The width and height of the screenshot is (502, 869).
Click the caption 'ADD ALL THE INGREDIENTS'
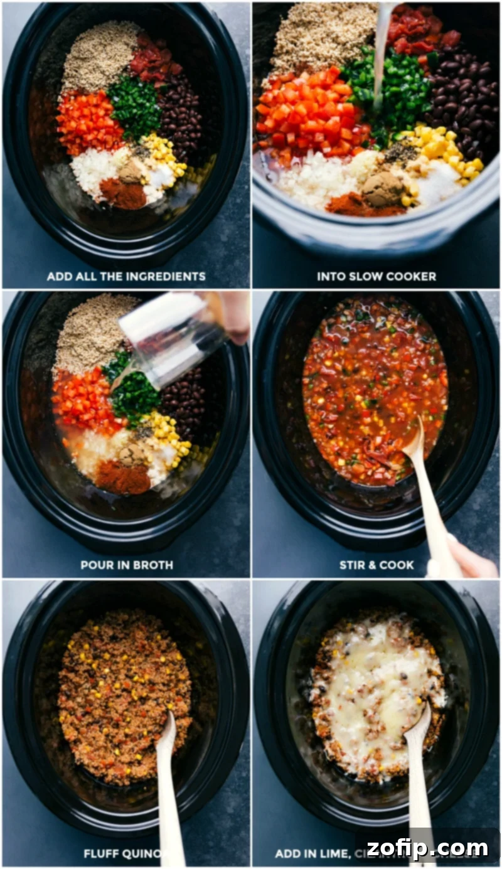tap(126, 276)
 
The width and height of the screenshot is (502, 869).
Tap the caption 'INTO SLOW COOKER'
tap(376, 276)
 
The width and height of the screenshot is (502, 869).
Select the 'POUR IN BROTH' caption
tap(126, 565)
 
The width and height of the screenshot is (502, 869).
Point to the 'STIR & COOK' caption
tap(376, 565)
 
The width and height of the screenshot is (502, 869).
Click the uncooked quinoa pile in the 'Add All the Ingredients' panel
tap(100, 56)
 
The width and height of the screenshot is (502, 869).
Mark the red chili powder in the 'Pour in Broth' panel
tap(122, 478)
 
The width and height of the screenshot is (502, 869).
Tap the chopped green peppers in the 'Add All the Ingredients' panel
tap(133, 107)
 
